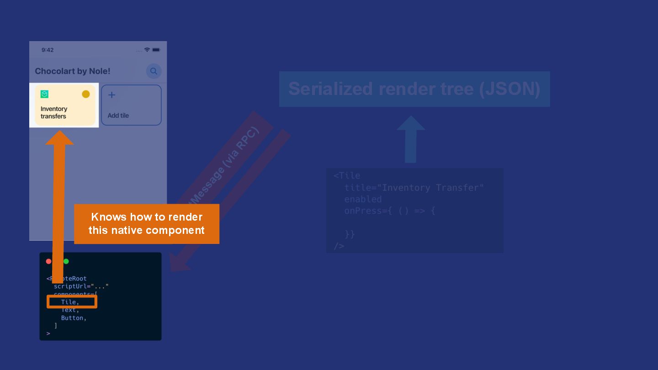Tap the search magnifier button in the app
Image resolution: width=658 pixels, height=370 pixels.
[x=154, y=71]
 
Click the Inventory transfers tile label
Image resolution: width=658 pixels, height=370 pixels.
[x=54, y=112]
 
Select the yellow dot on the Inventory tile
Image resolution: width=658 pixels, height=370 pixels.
[x=86, y=94]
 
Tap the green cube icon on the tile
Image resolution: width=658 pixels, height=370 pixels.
[x=44, y=94]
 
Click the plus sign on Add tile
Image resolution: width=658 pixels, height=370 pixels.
[x=111, y=95]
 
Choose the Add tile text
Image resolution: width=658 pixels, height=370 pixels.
[x=118, y=116]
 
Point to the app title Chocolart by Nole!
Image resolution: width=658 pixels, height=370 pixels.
[x=73, y=71]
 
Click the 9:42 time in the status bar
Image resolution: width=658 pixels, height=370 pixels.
[x=48, y=50]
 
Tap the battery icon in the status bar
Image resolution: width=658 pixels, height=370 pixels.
[x=156, y=50]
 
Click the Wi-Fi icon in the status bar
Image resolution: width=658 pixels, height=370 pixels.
[x=147, y=50]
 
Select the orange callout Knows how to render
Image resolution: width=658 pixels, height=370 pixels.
[x=147, y=223]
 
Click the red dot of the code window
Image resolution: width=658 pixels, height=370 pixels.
[x=49, y=261]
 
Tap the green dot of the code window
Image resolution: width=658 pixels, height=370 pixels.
[x=66, y=261]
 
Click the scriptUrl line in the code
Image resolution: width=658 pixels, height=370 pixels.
[x=81, y=286]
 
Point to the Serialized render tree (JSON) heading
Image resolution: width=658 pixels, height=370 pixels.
[x=414, y=89]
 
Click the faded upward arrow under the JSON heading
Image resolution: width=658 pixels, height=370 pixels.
[x=411, y=139]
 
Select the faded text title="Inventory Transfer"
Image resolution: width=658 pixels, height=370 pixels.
[x=414, y=188]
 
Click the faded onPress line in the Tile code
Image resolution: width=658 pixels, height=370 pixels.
[x=389, y=211]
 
